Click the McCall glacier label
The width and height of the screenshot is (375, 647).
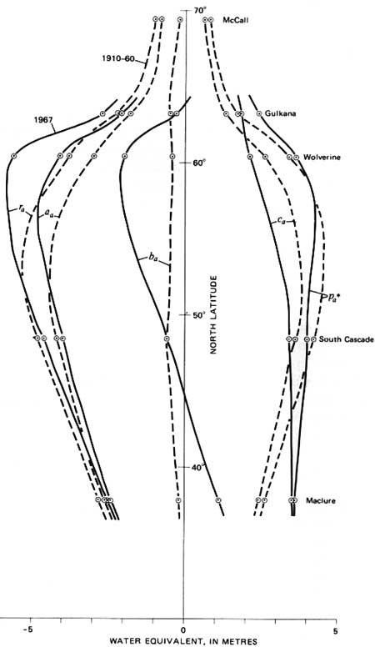[x=236, y=19]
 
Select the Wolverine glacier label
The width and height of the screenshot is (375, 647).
[x=322, y=158]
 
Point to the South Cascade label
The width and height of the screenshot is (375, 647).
[x=346, y=339]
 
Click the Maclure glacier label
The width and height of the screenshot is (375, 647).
[x=321, y=501]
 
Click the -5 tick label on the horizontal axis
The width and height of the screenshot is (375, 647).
[x=27, y=630]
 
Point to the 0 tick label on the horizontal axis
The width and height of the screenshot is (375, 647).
[x=183, y=630]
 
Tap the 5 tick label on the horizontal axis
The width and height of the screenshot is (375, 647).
[x=335, y=630]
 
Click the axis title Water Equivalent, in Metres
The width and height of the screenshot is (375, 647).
[x=182, y=641]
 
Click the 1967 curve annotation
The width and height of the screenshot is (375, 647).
[x=42, y=120]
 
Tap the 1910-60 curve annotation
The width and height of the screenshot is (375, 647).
[x=118, y=58]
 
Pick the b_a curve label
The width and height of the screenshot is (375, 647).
[x=153, y=259]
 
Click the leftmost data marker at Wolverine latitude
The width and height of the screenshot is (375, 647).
[x=13, y=156]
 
